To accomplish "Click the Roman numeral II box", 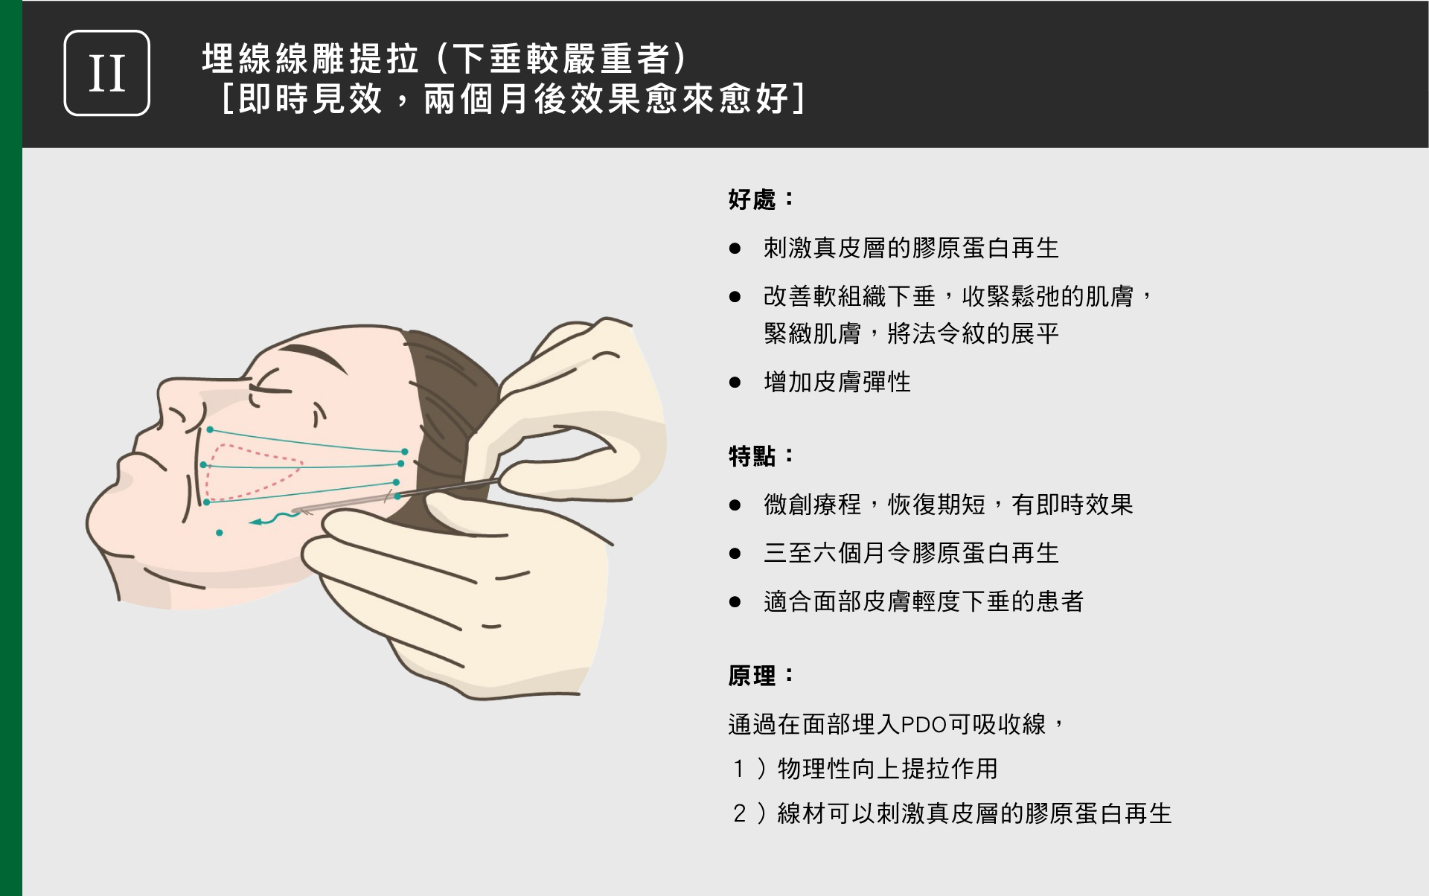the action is click(107, 73).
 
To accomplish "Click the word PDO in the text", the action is click(923, 725).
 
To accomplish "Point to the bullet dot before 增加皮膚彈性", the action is click(735, 383).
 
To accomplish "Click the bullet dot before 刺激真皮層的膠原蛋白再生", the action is click(735, 249).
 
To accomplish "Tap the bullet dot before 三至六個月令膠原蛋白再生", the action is click(735, 554).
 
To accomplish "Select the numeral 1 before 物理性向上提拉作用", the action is click(739, 769).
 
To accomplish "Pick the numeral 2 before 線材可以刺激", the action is click(740, 813).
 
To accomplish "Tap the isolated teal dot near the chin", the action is click(220, 533).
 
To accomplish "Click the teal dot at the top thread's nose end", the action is click(210, 430).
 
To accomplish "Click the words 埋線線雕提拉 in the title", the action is click(310, 59).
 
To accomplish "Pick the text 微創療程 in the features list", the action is click(812, 505).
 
